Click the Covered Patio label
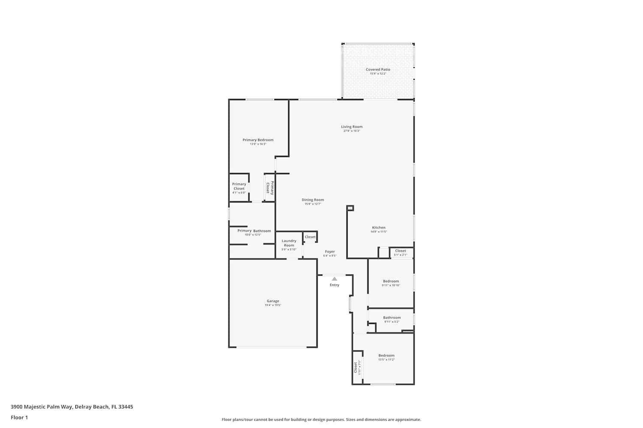click(x=378, y=69)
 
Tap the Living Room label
click(x=352, y=127)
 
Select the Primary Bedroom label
click(x=258, y=140)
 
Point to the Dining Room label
click(x=312, y=200)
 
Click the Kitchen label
click(x=379, y=228)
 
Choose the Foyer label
click(x=330, y=252)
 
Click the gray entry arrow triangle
click(x=334, y=279)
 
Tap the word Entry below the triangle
click(x=334, y=285)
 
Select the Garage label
click(x=273, y=301)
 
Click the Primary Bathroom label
click(x=254, y=231)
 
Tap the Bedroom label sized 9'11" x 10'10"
click(x=391, y=281)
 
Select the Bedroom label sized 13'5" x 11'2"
click(x=386, y=356)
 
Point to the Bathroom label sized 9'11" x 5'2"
click(x=392, y=318)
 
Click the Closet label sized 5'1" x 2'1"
click(x=400, y=251)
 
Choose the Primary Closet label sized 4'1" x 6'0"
click(x=239, y=186)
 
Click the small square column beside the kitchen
click(x=350, y=208)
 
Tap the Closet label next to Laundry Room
click(x=310, y=237)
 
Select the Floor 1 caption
click(x=19, y=418)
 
